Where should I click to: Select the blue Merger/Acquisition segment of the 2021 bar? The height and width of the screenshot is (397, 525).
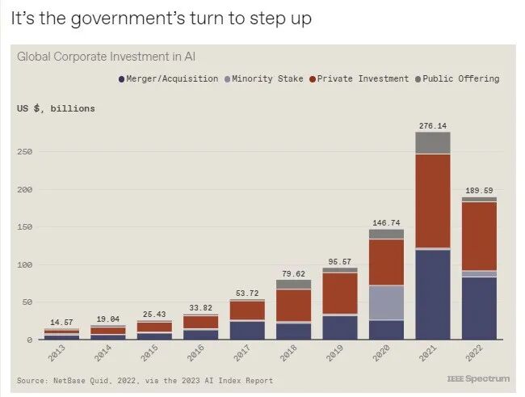[434, 294]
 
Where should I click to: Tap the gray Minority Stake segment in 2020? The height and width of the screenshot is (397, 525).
[387, 302]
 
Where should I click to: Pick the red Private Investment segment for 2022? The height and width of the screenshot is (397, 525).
[480, 236]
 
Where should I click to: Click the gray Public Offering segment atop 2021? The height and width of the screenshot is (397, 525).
[434, 143]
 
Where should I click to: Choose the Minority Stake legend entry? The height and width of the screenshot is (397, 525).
[267, 79]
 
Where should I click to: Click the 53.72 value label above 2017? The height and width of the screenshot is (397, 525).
[246, 293]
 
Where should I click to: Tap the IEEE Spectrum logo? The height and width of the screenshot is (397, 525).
[478, 379]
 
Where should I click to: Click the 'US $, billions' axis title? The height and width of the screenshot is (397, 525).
[56, 108]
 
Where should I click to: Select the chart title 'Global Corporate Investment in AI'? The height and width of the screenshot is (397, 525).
[106, 57]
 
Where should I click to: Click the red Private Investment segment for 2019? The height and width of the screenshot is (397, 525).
[340, 293]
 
